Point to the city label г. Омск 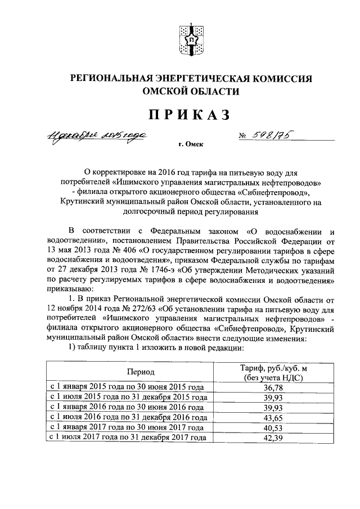point(191,145)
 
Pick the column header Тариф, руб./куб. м point(270,367)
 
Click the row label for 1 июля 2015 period point(129,397)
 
